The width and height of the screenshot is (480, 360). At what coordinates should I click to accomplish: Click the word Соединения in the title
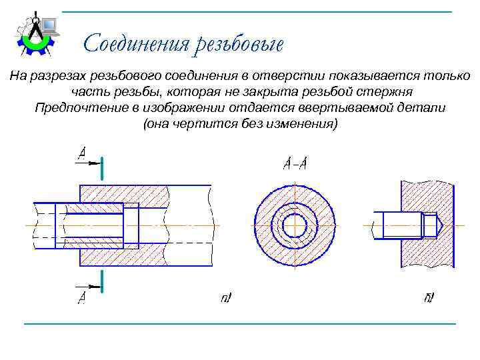coord(137,44)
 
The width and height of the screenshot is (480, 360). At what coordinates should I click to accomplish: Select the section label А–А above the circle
coord(295,162)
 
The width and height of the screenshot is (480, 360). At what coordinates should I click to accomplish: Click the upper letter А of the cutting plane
coord(82,154)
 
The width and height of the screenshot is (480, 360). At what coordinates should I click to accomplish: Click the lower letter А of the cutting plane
coord(81,297)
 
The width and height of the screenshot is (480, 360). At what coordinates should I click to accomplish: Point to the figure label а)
coord(226,298)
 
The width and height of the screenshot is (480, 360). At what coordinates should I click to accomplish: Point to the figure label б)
coord(429,297)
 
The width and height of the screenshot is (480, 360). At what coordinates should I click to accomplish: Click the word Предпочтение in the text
coord(75,107)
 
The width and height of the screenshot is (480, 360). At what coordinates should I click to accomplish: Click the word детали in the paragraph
coord(425,107)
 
